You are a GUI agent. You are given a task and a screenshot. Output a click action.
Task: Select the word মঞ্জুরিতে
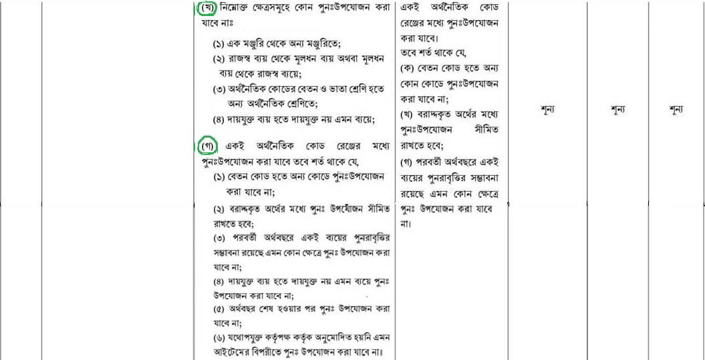(321, 44)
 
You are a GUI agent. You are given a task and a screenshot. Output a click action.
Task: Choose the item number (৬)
(220, 339)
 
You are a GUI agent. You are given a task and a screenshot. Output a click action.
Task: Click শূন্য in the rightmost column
(676, 110)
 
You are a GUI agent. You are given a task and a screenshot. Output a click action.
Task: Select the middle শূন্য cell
(617, 110)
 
